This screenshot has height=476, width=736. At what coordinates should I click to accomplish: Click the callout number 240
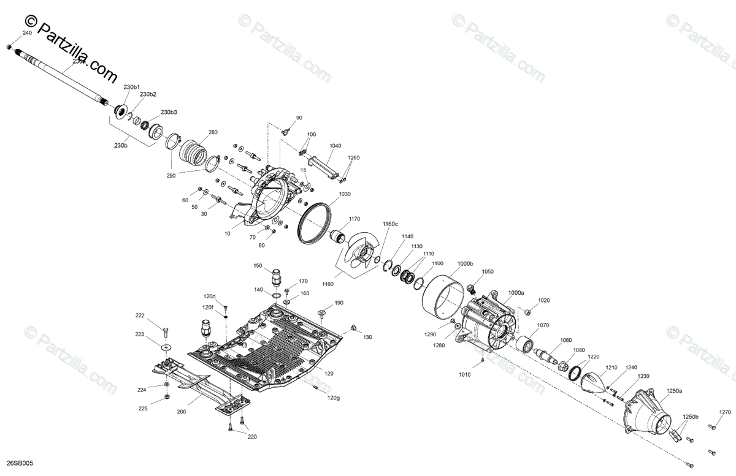[x=26, y=32]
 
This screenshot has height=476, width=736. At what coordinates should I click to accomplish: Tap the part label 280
[x=213, y=132]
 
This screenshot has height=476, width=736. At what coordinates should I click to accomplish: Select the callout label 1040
[x=335, y=146]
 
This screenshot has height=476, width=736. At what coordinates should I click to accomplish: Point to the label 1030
[x=344, y=194]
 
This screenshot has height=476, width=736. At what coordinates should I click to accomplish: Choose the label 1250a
[x=674, y=390]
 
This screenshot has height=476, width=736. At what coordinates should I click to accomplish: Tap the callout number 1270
[x=726, y=412]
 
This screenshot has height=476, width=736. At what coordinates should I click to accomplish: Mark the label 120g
[x=333, y=398]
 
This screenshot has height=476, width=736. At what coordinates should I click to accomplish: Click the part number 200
[x=181, y=412]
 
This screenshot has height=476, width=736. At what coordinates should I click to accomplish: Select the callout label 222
[x=140, y=315]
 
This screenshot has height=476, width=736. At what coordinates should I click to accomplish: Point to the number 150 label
[x=258, y=266]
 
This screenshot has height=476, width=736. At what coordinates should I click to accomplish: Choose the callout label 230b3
[x=169, y=113]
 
